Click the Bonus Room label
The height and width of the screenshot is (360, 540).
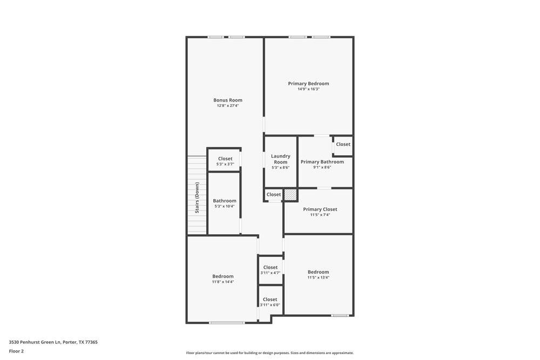pyautogui.click(x=227, y=100)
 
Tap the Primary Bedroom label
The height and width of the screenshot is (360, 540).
pyautogui.click(x=308, y=84)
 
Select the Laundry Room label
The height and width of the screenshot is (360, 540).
pyautogui.click(x=280, y=159)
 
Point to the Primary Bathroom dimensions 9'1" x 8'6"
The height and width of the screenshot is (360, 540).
pyautogui.click(x=322, y=167)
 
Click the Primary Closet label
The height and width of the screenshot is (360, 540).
pyautogui.click(x=320, y=209)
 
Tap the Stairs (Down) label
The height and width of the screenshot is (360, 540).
pyautogui.click(x=197, y=198)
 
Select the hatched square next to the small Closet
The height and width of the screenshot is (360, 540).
pyautogui.click(x=291, y=194)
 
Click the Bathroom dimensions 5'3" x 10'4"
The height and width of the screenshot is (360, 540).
pyautogui.click(x=224, y=206)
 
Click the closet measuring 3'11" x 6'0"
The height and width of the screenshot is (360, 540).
pyautogui.click(x=270, y=302)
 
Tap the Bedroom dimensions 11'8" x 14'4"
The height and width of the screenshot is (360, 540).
pyautogui.click(x=222, y=282)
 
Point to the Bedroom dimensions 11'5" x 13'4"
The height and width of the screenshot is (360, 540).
pyautogui.click(x=318, y=277)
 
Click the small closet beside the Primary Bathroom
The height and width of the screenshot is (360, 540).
pyautogui.click(x=343, y=145)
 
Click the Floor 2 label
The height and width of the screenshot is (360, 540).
pyautogui.click(x=16, y=351)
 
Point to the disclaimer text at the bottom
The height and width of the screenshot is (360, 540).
pyautogui.click(x=270, y=353)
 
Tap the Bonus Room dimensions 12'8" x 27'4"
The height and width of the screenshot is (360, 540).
pyautogui.click(x=227, y=106)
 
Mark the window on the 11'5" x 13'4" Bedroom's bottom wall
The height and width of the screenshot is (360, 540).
pyautogui.click(x=340, y=315)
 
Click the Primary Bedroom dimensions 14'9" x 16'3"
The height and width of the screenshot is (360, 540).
pyautogui.click(x=308, y=89)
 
